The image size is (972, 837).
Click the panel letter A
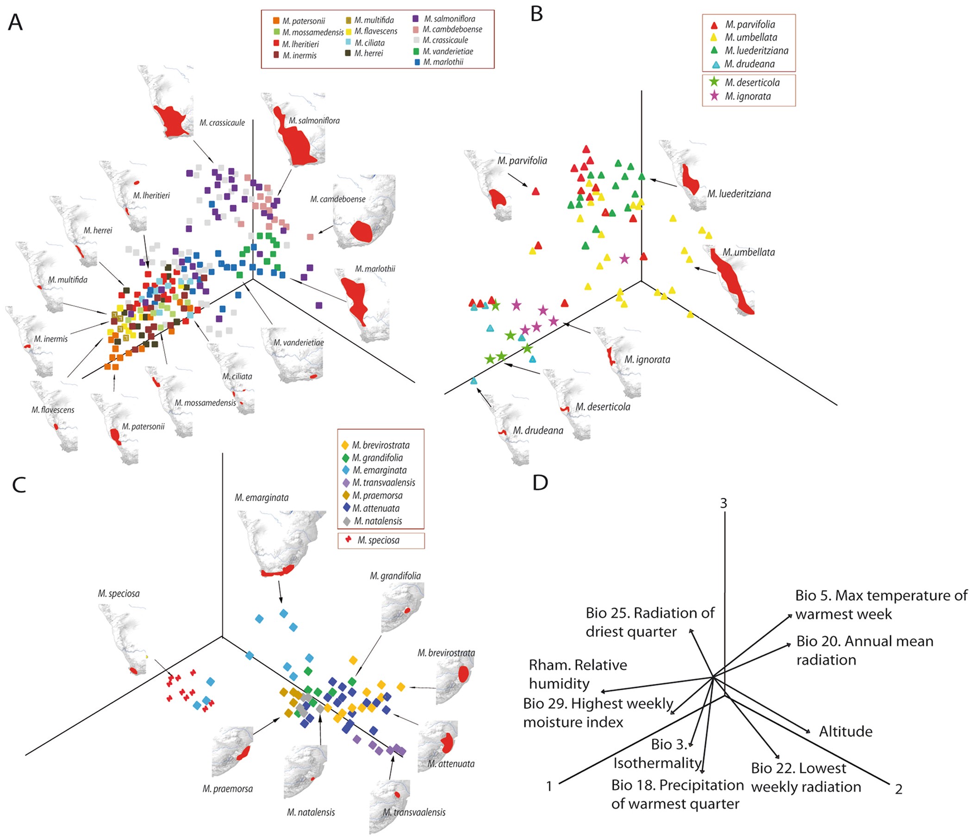coord(15,22)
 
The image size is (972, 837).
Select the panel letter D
coord(540,482)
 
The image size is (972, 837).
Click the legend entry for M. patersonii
coord(299,21)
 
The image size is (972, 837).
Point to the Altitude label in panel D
coord(845,732)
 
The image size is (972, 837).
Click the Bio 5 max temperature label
coord(880,604)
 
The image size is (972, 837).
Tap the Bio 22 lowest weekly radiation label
coord(805,777)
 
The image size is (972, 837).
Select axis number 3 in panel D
coord(723,503)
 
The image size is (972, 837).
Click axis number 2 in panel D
coord(898,789)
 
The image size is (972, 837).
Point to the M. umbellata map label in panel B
coord(748,252)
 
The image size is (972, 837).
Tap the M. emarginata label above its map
coord(262,497)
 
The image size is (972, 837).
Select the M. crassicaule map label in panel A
coord(222,123)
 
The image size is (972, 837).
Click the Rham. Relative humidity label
coord(578,674)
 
